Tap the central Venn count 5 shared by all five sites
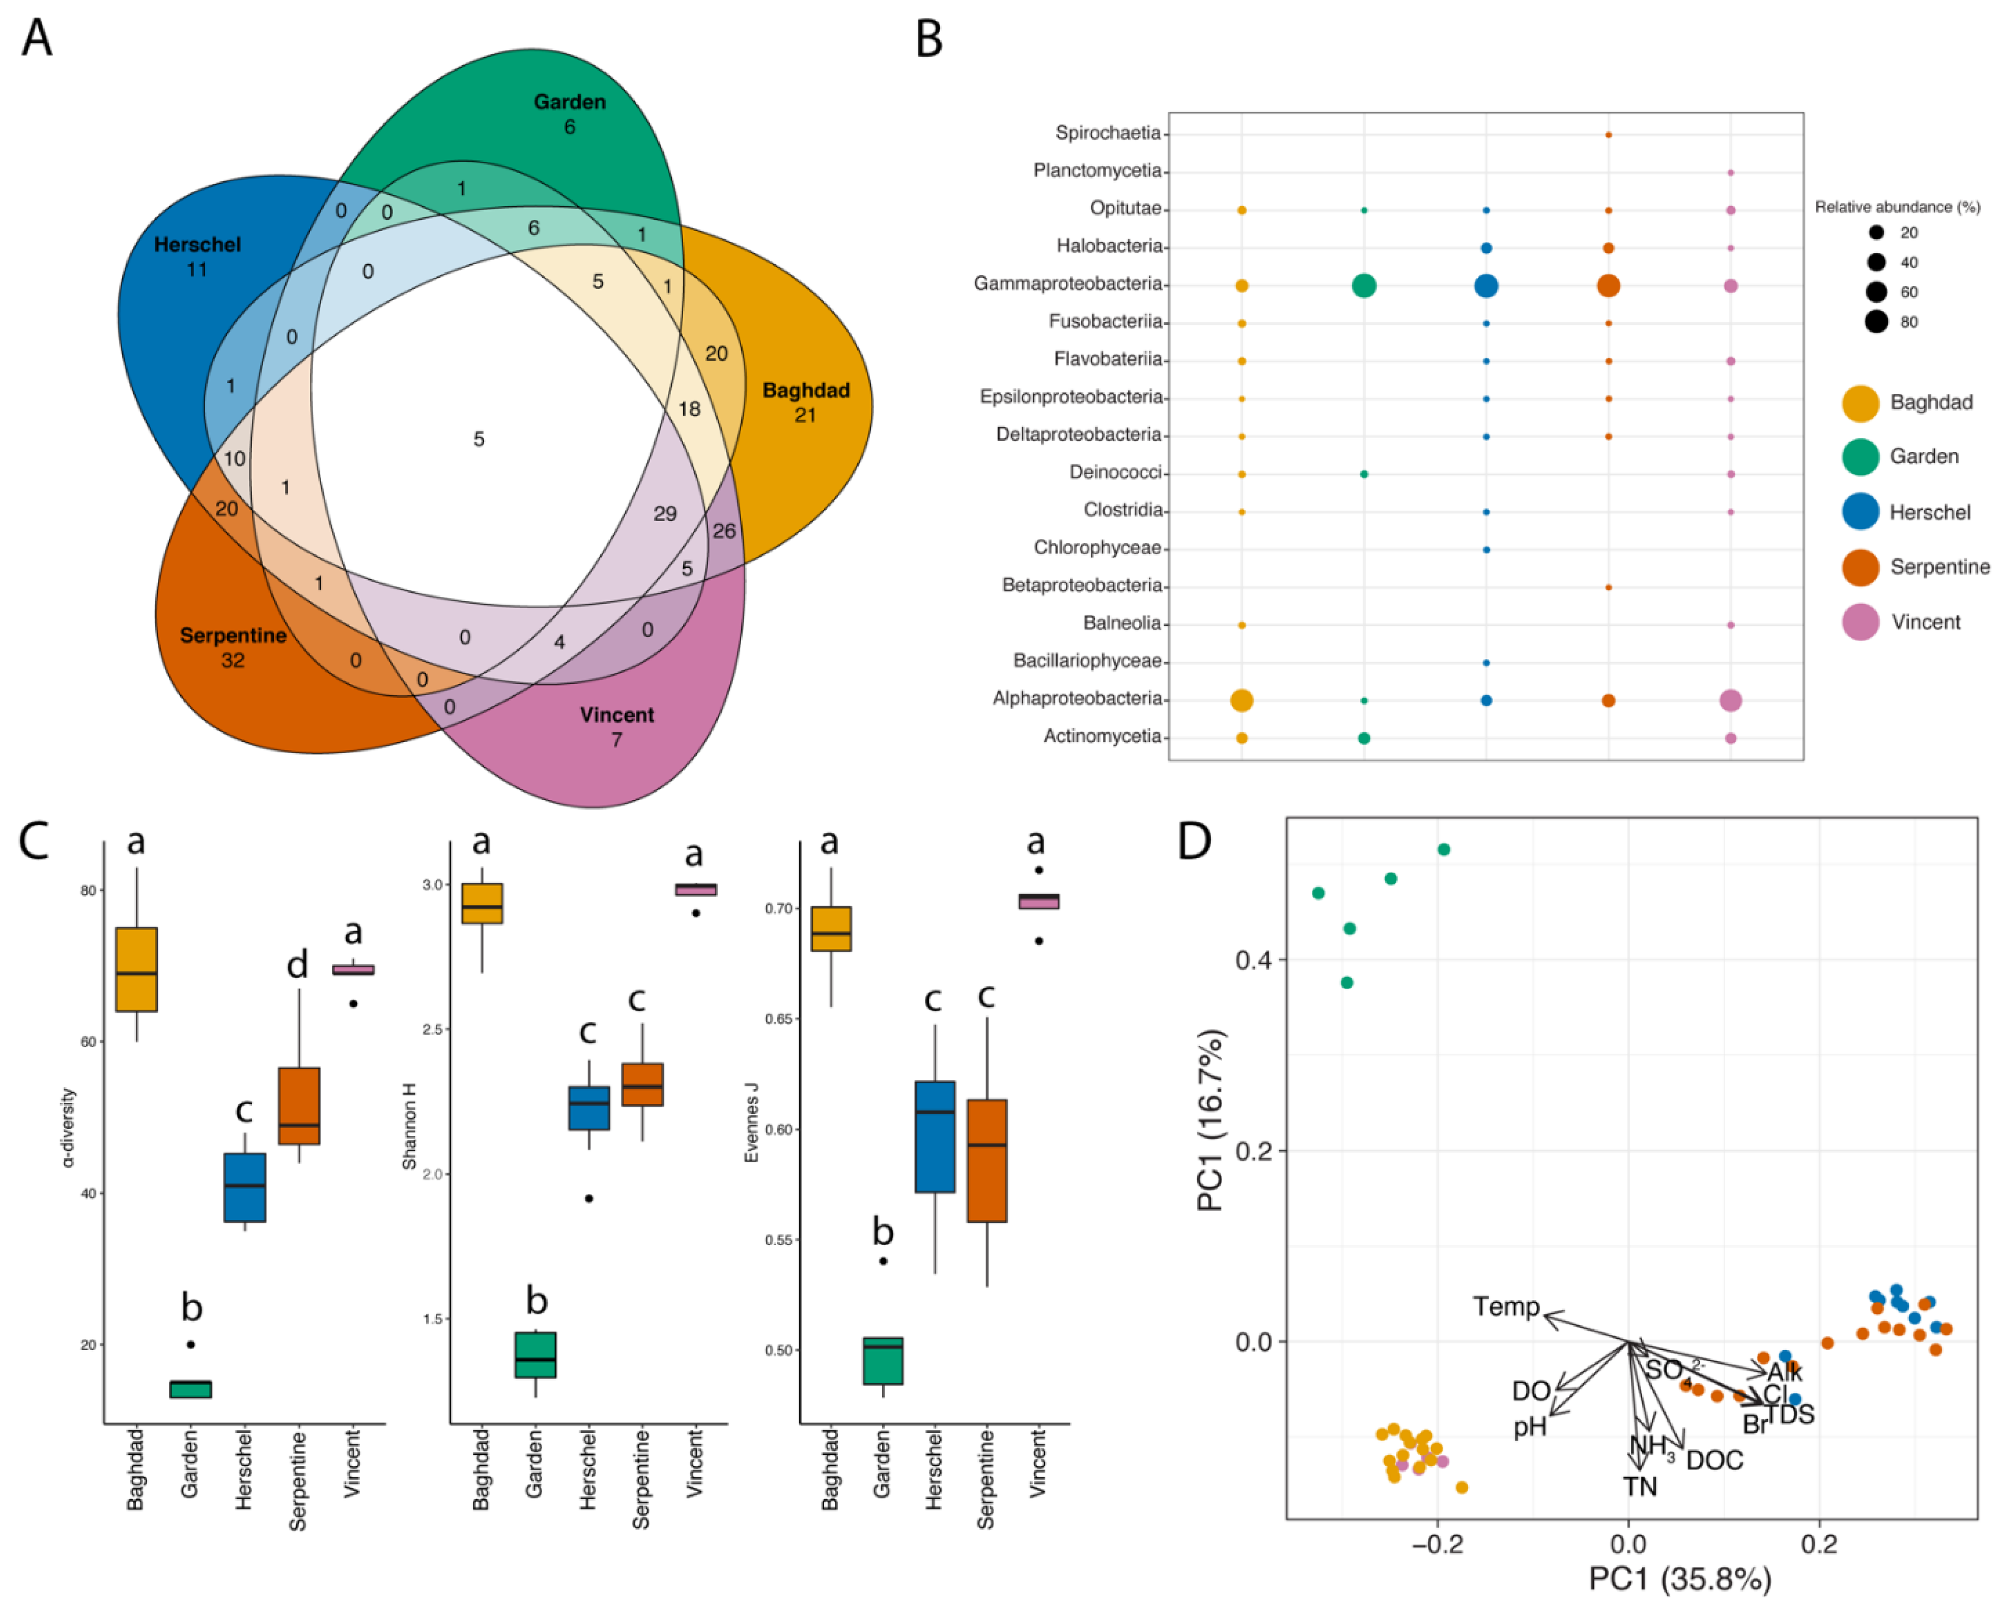[478, 439]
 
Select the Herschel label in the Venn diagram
[196, 245]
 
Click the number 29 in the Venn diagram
[664, 513]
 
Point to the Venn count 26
[724, 531]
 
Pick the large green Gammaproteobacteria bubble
[1363, 285]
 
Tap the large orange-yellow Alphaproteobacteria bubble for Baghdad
[1242, 701]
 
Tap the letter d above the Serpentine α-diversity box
[297, 965]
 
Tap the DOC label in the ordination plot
[1713, 1460]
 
